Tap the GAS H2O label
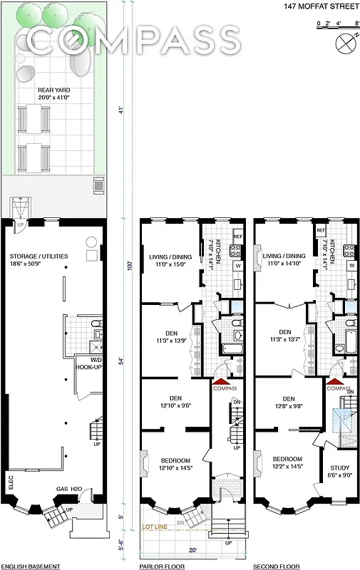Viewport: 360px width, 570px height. pyautogui.click(x=71, y=489)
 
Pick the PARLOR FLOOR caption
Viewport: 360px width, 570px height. pyautogui.click(x=163, y=566)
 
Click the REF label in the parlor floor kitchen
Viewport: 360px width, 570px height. pyautogui.click(x=238, y=235)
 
